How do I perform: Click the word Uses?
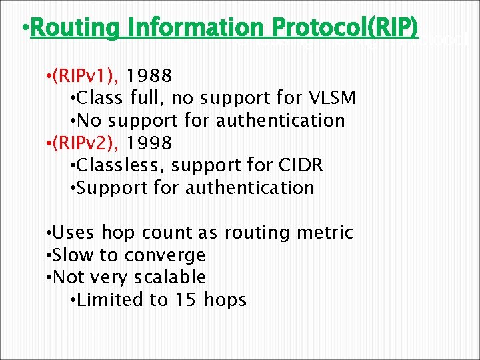(73, 233)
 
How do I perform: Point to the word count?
(167, 233)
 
